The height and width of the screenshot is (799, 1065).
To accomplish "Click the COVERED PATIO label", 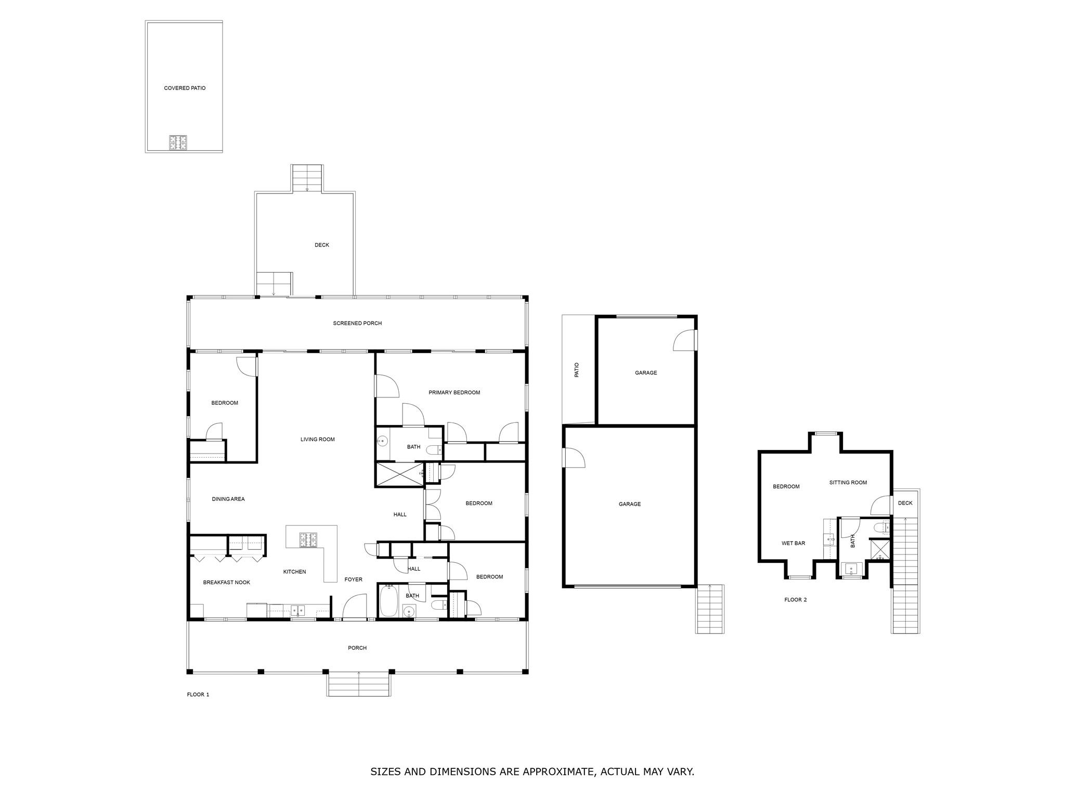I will pos(185,88).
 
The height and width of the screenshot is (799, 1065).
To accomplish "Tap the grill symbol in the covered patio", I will pos(178,143).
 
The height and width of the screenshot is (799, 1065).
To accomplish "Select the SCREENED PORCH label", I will pos(357,324).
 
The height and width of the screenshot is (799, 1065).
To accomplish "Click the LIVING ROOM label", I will pos(317,440).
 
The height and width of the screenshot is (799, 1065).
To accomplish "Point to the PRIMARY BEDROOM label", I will pos(454,393).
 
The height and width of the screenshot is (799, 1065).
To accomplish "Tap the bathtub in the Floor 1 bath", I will pos(388,601).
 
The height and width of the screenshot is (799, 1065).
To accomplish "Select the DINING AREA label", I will pos(228,499).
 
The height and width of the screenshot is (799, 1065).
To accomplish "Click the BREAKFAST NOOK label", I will pos(226,583).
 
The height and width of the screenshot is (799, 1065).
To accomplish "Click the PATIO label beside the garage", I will pos(576,370).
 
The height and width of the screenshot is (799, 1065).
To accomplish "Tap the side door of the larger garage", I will pos(574,458).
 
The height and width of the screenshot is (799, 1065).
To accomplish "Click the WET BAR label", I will pos(793,544).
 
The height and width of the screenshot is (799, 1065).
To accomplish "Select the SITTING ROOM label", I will pos(848,483).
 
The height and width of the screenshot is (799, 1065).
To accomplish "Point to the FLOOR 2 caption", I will pos(795,600).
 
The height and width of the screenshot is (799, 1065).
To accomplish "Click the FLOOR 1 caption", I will pos(198,694).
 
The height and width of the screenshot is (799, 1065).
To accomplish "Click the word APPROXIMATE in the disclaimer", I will pos(558,771).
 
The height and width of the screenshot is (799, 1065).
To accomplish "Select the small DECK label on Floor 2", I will pos(905,503).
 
